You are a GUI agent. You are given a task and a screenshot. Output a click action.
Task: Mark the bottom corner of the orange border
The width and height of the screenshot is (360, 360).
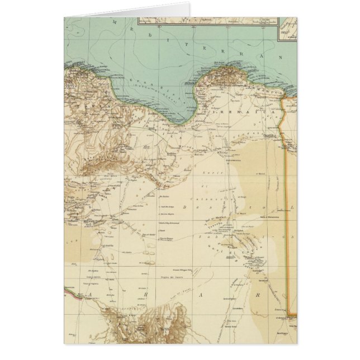coord(291,312)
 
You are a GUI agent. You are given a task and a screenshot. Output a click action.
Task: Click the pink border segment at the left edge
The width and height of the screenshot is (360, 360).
coord(69,288)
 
